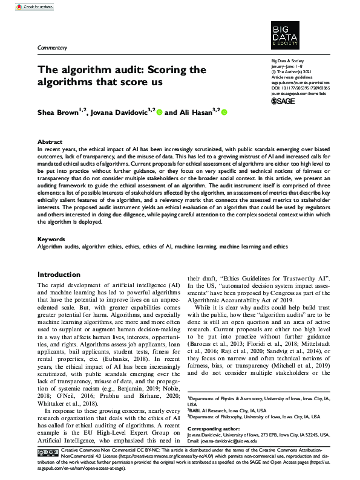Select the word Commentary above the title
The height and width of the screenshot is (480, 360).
[52, 47]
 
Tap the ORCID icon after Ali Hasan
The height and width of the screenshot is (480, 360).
[224, 112]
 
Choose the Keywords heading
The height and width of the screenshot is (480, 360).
[51, 239]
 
